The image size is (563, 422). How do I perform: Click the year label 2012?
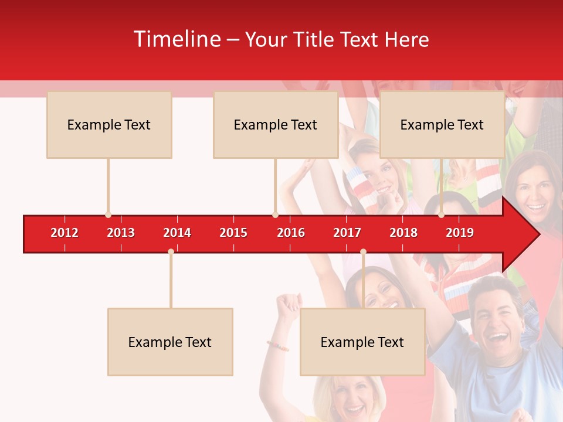(65, 233)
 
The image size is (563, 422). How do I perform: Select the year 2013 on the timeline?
(121, 233)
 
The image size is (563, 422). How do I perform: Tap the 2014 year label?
(177, 233)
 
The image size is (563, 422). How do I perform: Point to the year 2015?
(233, 233)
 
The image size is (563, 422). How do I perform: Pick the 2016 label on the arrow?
(291, 233)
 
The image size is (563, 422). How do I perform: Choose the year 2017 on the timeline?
(347, 233)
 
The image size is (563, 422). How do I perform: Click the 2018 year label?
(403, 233)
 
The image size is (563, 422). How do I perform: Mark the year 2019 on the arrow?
(460, 233)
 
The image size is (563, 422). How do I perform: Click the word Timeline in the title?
(177, 39)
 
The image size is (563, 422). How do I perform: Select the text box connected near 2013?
(109, 125)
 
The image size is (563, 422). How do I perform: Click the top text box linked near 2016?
(276, 125)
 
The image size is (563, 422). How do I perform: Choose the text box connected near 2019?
(442, 125)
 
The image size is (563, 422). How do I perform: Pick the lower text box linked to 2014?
(170, 342)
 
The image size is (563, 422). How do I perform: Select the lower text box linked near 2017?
(362, 342)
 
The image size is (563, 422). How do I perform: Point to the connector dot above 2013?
(108, 215)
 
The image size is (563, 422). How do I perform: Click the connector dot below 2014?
(171, 252)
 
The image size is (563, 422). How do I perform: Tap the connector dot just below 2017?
(363, 252)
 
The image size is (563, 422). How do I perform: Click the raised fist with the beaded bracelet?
(289, 305)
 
